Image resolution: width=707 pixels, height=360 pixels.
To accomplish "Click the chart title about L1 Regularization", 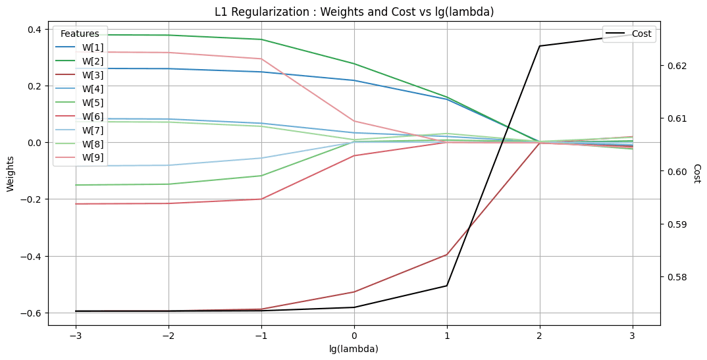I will (354, 11).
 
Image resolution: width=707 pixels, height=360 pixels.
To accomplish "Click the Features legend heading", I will (80, 34).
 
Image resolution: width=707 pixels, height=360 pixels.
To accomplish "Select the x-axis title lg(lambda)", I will (354, 349).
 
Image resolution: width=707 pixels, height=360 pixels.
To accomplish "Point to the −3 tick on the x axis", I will (75, 335).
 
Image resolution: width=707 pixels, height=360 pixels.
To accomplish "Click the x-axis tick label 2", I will (540, 335).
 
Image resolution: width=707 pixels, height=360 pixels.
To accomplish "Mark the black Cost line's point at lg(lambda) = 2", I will (540, 46).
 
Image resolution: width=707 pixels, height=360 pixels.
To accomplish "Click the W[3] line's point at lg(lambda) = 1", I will (447, 255).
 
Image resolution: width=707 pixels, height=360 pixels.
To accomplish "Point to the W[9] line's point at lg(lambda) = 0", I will (354, 121).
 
